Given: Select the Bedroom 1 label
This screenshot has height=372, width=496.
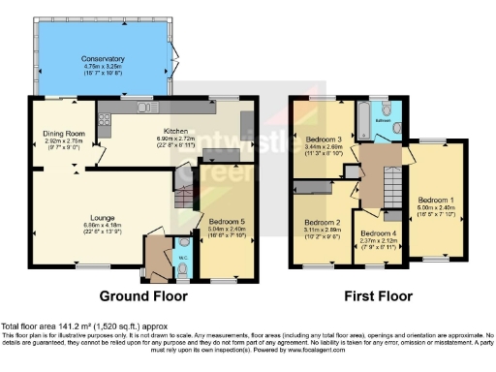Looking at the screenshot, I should click(430, 200).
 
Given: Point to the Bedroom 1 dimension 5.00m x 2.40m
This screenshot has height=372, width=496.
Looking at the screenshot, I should click(430, 206).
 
